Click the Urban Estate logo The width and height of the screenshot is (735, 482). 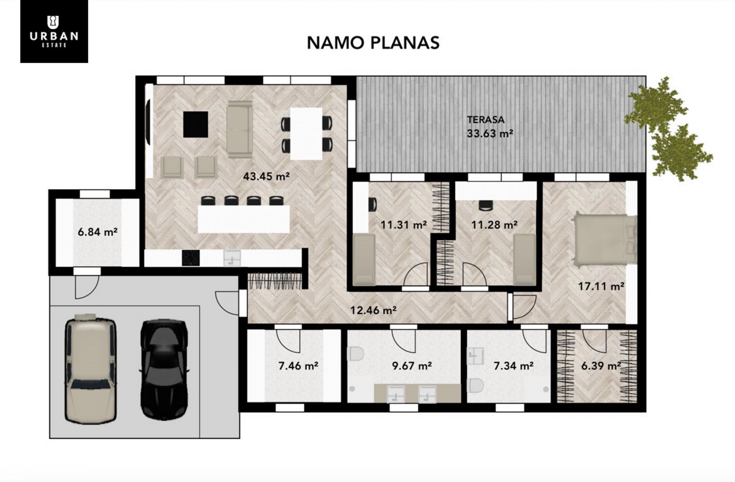tap(54, 31)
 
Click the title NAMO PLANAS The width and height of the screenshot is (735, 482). tap(373, 43)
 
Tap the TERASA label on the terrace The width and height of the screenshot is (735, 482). tap(485, 120)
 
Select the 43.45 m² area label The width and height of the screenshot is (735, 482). tap(267, 177)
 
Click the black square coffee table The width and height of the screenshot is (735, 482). tap(195, 124)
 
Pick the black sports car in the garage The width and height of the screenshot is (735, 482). tap(164, 369)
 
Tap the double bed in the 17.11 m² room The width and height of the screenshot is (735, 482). tap(604, 239)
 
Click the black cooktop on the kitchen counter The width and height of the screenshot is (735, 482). tap(191, 258)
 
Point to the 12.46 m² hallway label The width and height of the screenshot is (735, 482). tap(373, 310)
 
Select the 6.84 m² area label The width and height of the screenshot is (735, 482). tap(97, 232)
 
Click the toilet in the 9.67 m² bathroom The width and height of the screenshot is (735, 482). tap(356, 354)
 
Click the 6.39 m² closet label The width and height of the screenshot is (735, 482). tap(601, 365)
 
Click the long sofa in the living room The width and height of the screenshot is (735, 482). tap(239, 129)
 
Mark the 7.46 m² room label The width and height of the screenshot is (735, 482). tap(298, 365)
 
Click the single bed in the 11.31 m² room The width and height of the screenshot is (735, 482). tap(364, 259)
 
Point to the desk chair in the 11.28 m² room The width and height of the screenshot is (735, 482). tap(486, 206)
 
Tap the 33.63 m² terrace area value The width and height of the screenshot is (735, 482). tap(490, 134)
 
